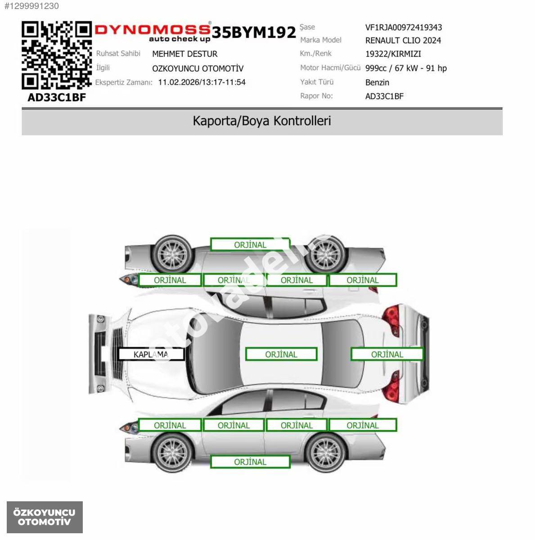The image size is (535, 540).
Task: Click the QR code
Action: pyautogui.click(x=57, y=55)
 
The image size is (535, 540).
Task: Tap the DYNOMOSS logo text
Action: pyautogui.click(x=153, y=29)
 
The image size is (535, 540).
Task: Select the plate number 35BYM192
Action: pyautogui.click(x=254, y=32)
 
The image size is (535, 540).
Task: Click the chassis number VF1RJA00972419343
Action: pyautogui.click(x=404, y=27)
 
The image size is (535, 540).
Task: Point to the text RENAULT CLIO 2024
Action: pyautogui.click(x=403, y=40)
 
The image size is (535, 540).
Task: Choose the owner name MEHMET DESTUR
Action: pyautogui.click(x=184, y=54)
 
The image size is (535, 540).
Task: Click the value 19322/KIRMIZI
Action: pyautogui.click(x=393, y=54)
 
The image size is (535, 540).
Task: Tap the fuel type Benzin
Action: pyautogui.click(x=377, y=82)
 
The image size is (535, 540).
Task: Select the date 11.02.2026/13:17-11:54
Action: pyautogui.click(x=202, y=82)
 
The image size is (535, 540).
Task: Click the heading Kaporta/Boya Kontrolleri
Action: pyautogui.click(x=262, y=121)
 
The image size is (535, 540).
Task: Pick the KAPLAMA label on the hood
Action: pyautogui.click(x=151, y=354)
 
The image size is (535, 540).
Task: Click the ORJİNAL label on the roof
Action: pyautogui.click(x=281, y=354)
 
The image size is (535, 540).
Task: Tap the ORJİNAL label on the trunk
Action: pyautogui.click(x=387, y=354)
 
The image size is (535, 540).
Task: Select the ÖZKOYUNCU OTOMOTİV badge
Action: pyautogui.click(x=45, y=517)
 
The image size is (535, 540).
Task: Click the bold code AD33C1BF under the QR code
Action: pyautogui.click(x=57, y=98)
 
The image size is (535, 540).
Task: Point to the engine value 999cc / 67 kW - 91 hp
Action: pyautogui.click(x=406, y=68)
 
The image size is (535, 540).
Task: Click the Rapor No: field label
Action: pyautogui.click(x=316, y=96)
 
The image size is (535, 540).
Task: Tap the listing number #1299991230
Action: pyautogui.click(x=31, y=6)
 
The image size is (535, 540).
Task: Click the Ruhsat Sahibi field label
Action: pyautogui.click(x=118, y=53)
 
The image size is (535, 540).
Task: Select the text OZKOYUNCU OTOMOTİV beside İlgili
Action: pyautogui.click(x=198, y=68)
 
